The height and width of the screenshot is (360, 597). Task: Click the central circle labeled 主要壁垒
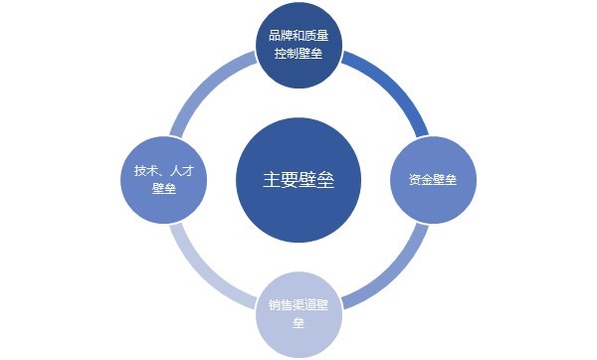[298, 181]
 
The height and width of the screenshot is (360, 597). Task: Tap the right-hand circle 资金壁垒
[432, 181]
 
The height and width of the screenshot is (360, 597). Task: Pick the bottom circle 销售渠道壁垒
[298, 316]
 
